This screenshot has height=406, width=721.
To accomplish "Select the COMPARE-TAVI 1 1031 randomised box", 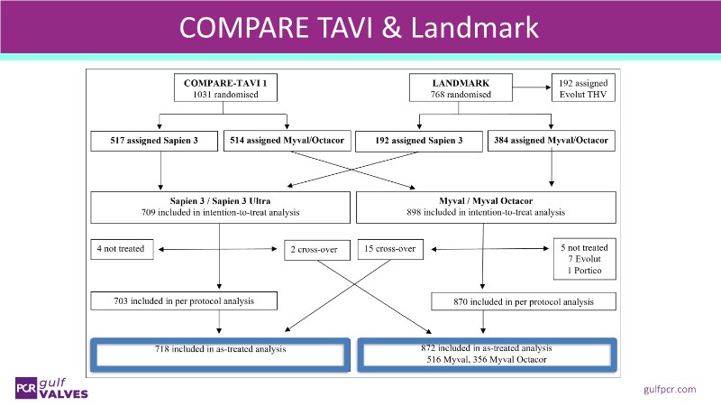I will click(224, 87).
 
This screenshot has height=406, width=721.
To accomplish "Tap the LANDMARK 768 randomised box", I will click(457, 87).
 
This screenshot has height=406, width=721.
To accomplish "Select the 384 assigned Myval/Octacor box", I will click(550, 141).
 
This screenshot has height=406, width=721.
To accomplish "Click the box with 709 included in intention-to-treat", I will click(220, 207).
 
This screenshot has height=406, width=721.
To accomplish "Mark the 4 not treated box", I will click(123, 248).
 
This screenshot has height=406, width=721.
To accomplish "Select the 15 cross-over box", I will click(390, 248).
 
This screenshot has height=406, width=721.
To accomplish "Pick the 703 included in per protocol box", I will click(184, 300).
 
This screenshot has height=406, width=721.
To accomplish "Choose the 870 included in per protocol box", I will click(525, 300).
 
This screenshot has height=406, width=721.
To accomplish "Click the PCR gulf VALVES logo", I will click(51, 387).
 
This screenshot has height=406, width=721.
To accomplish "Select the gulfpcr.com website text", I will click(671, 389).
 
